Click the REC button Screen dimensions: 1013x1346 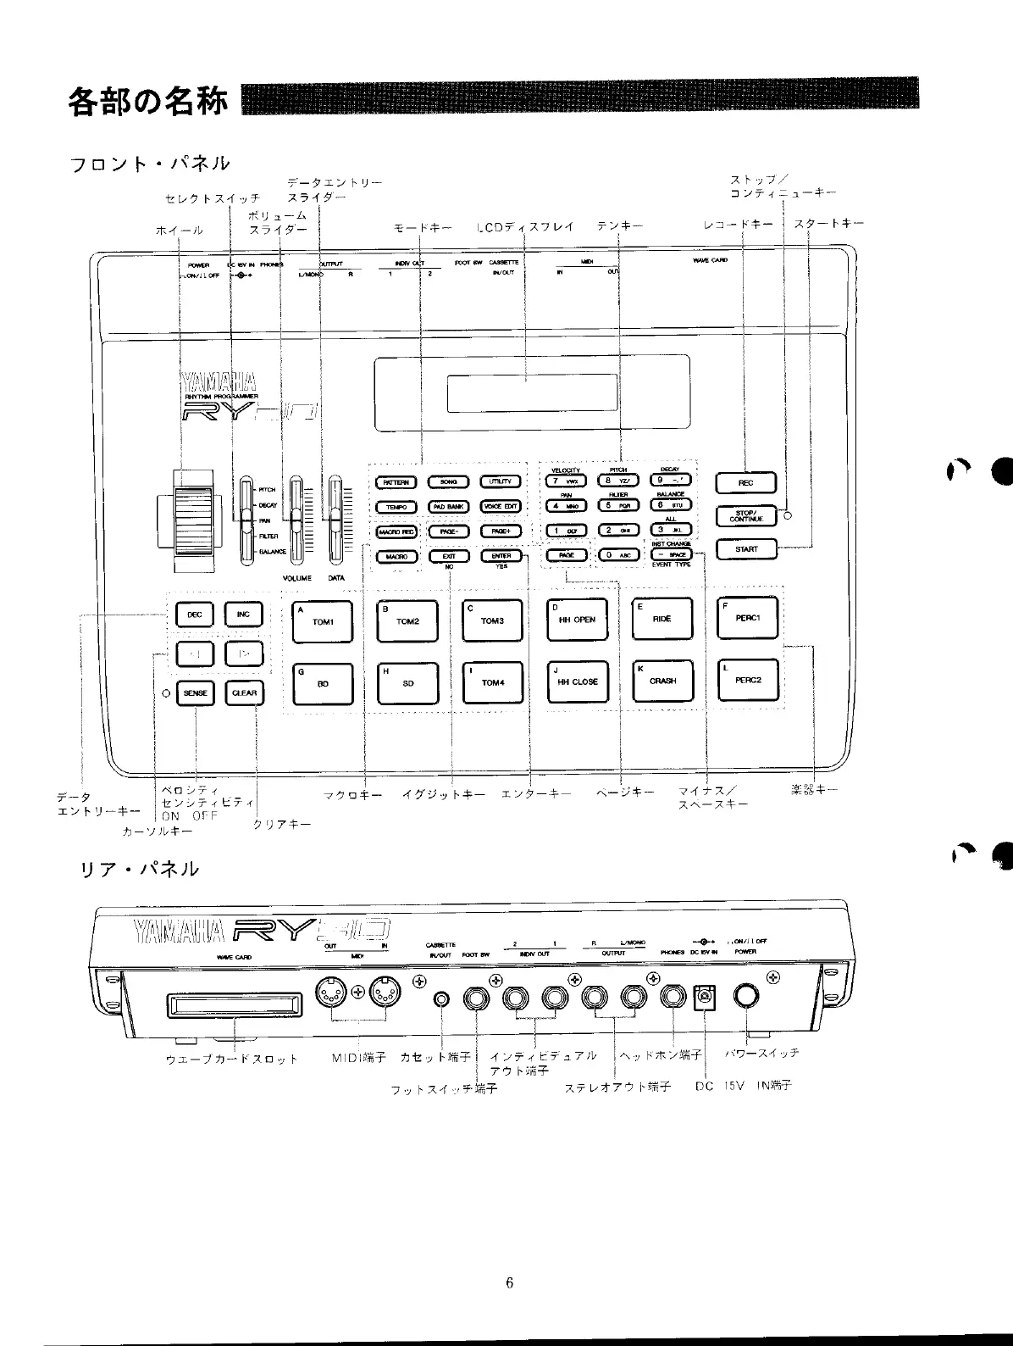[745, 483]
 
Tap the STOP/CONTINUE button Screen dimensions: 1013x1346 [745, 516]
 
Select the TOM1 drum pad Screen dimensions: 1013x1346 [323, 620]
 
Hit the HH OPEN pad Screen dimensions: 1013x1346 [577, 620]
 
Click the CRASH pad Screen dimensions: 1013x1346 [662, 681]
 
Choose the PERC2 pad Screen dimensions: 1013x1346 [748, 681]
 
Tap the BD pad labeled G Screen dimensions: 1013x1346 [323, 683]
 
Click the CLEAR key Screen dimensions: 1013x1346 [244, 693]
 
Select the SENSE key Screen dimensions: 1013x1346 [195, 693]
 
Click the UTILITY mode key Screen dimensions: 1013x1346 [500, 482]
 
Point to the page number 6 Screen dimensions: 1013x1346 [510, 1282]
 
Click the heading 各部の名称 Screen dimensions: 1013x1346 [147, 102]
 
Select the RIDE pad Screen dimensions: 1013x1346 [662, 620]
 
